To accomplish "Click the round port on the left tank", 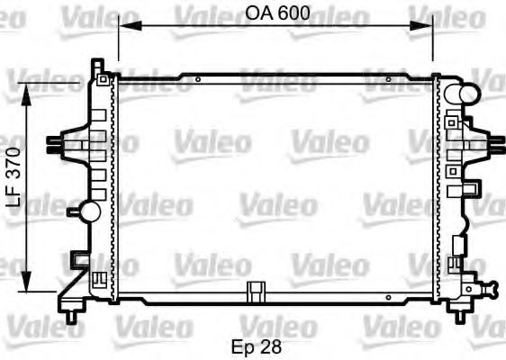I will coord(88,211).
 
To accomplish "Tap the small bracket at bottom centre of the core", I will coord(258,291).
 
